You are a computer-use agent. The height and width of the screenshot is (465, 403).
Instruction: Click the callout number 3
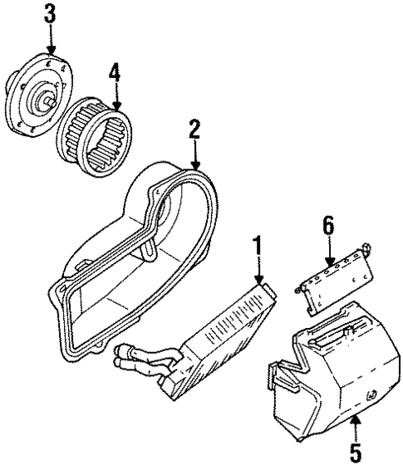tap(52, 13)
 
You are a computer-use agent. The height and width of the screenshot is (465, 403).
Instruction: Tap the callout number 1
tap(259, 247)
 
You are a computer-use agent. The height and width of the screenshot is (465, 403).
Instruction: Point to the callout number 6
tap(327, 225)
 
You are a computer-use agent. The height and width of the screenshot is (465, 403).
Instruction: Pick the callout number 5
tap(355, 453)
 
